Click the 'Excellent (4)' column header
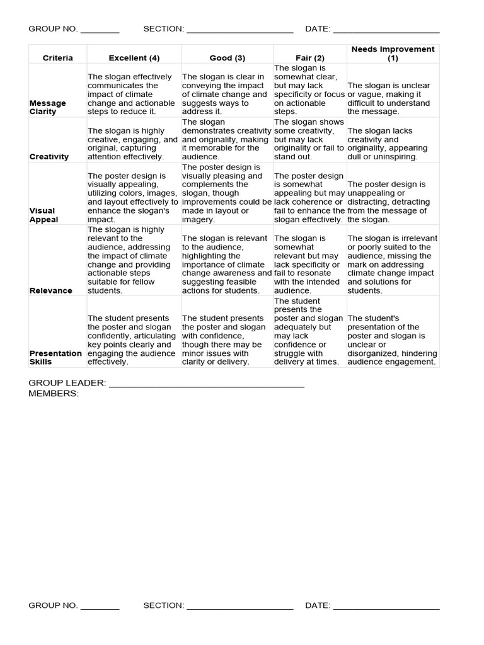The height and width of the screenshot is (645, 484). [x=134, y=58]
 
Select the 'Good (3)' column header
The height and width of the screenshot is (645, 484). [x=227, y=58]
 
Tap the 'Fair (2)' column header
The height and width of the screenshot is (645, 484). [x=309, y=58]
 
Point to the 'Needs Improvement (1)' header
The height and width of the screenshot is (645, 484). [x=393, y=54]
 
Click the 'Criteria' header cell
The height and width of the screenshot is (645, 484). [x=58, y=58]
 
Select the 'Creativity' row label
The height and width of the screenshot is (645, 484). [x=49, y=157]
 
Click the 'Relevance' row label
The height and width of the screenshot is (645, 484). [x=50, y=291]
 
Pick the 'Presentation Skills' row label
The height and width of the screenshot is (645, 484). [x=55, y=358]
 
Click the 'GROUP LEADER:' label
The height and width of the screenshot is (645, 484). [x=67, y=383]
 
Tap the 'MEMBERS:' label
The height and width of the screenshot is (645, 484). [x=54, y=394]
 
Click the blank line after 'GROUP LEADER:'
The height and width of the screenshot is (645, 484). [x=207, y=384]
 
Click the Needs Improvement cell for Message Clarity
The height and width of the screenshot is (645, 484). [x=392, y=98]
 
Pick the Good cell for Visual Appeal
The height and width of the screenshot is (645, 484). [x=227, y=193]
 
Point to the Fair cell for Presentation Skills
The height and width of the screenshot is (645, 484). [x=309, y=331]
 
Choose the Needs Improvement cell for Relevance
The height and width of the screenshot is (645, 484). [x=392, y=265]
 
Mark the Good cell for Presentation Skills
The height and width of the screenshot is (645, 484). [x=227, y=340]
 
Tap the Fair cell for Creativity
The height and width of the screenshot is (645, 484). [x=309, y=139]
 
